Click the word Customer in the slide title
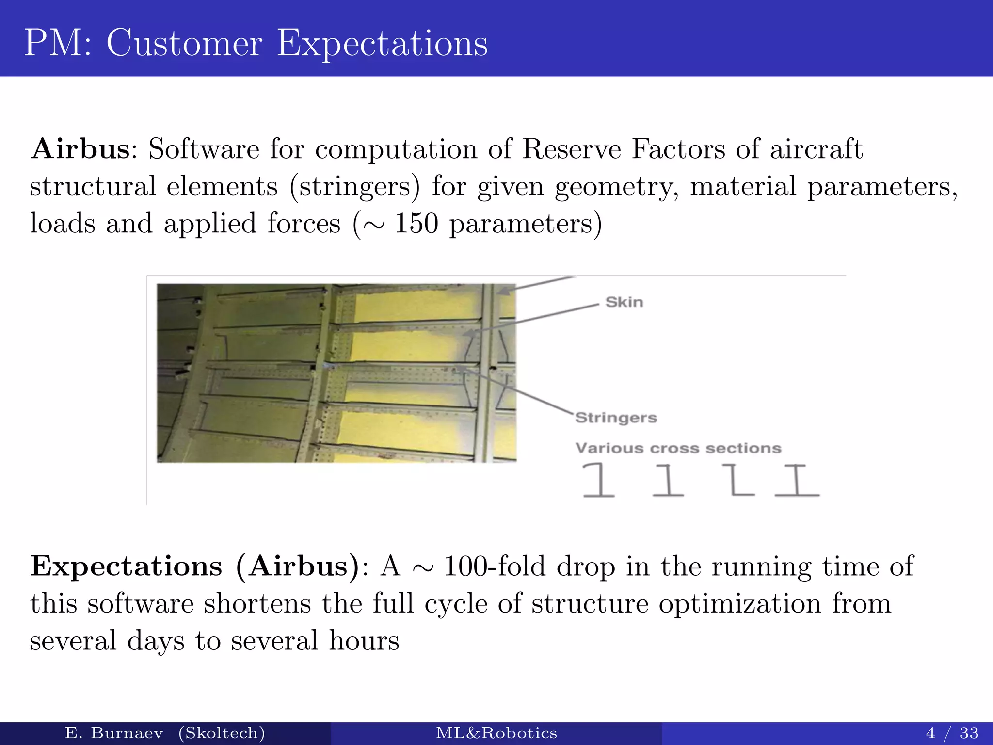(x=184, y=44)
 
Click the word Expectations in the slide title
(x=382, y=44)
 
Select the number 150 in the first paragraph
(x=416, y=224)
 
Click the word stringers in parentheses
(x=355, y=187)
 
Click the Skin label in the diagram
(x=624, y=302)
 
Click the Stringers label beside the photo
(x=616, y=418)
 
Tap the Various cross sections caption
(x=678, y=448)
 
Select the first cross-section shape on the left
(x=598, y=480)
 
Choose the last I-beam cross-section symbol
(x=797, y=480)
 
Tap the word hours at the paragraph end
(x=364, y=641)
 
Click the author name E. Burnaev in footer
(x=114, y=733)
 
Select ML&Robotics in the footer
(x=496, y=733)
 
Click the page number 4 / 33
(x=952, y=733)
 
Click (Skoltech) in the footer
(x=222, y=733)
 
